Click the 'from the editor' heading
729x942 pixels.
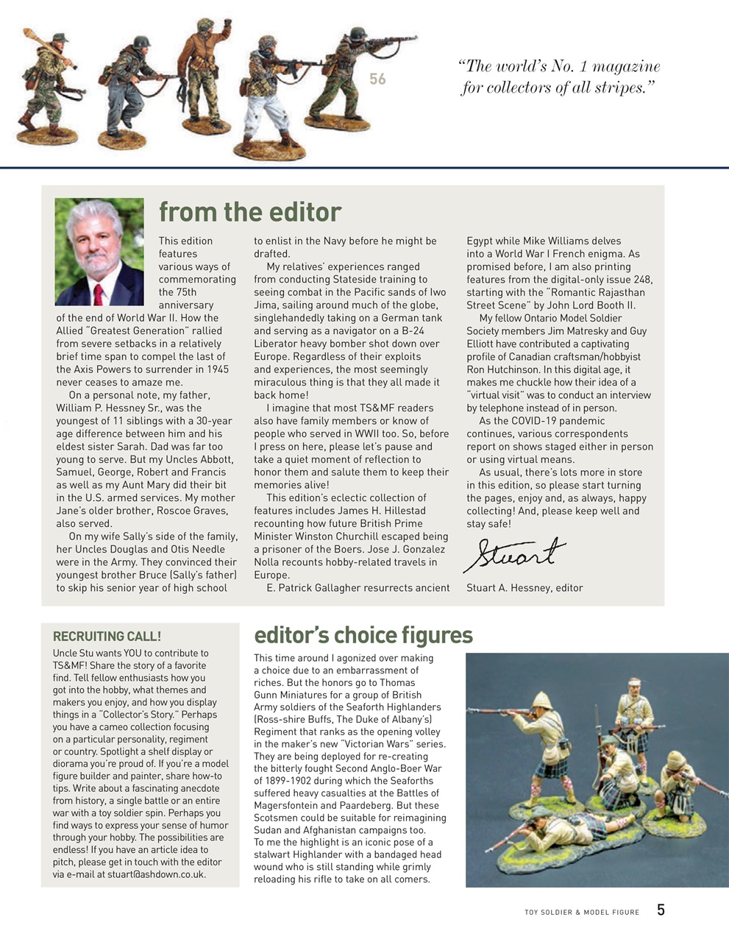pos(250,212)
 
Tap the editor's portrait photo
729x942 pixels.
pos(99,252)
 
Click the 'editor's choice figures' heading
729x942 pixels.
pos(363,635)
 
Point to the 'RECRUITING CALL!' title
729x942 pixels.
pos(107,637)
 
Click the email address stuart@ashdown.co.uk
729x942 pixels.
pos(157,874)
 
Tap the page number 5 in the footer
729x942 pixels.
pos(661,910)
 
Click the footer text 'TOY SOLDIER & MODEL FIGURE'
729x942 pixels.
pos(581,913)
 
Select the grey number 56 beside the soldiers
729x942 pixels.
pos(377,79)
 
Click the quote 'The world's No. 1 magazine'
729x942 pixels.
pos(559,67)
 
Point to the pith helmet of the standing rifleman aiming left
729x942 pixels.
pos(545,700)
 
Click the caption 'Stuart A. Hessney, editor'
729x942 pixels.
pos(524,588)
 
